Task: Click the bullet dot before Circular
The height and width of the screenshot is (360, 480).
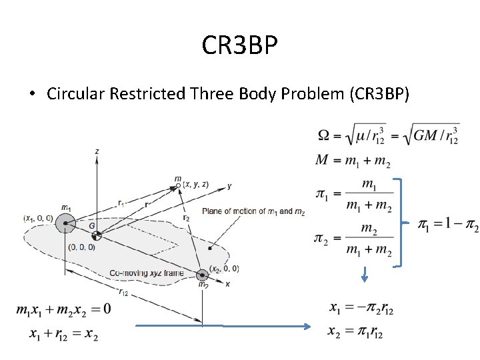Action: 32,94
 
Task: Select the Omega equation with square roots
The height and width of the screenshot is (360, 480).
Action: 388,135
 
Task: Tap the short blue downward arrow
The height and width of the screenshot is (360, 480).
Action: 365,274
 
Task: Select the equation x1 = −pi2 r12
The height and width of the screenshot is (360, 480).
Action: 361,309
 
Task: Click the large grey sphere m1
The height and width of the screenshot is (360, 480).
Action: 65,223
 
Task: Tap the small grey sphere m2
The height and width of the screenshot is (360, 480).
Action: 201,274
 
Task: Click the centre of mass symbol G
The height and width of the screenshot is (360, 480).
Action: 96,236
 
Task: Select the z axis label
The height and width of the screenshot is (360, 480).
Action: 97,152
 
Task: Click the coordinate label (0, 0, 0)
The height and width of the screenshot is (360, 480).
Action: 81,247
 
